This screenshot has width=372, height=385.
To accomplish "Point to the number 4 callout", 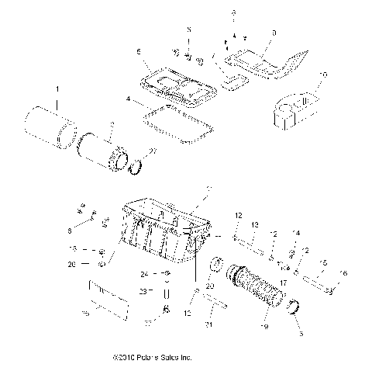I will [x=127, y=100].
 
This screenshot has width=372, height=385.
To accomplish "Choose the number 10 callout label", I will [x=322, y=75].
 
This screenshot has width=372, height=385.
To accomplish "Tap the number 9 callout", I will [x=274, y=33].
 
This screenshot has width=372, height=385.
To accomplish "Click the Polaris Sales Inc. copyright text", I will [x=150, y=359].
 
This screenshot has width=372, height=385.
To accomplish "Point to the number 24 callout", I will [x=143, y=274].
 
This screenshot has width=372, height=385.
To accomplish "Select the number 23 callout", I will [x=143, y=292].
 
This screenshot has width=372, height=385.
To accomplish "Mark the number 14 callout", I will [x=294, y=233].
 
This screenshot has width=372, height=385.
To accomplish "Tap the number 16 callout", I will [x=345, y=274].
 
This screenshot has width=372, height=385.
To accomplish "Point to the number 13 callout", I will [x=254, y=225].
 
